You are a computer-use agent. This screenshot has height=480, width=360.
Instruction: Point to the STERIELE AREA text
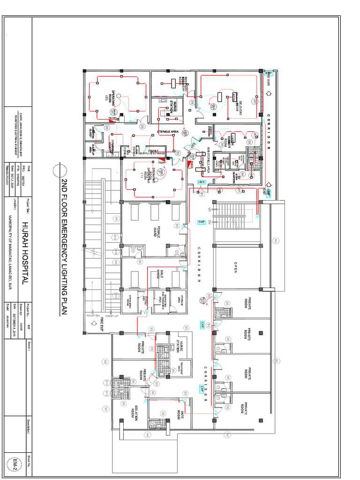point(169,131)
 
